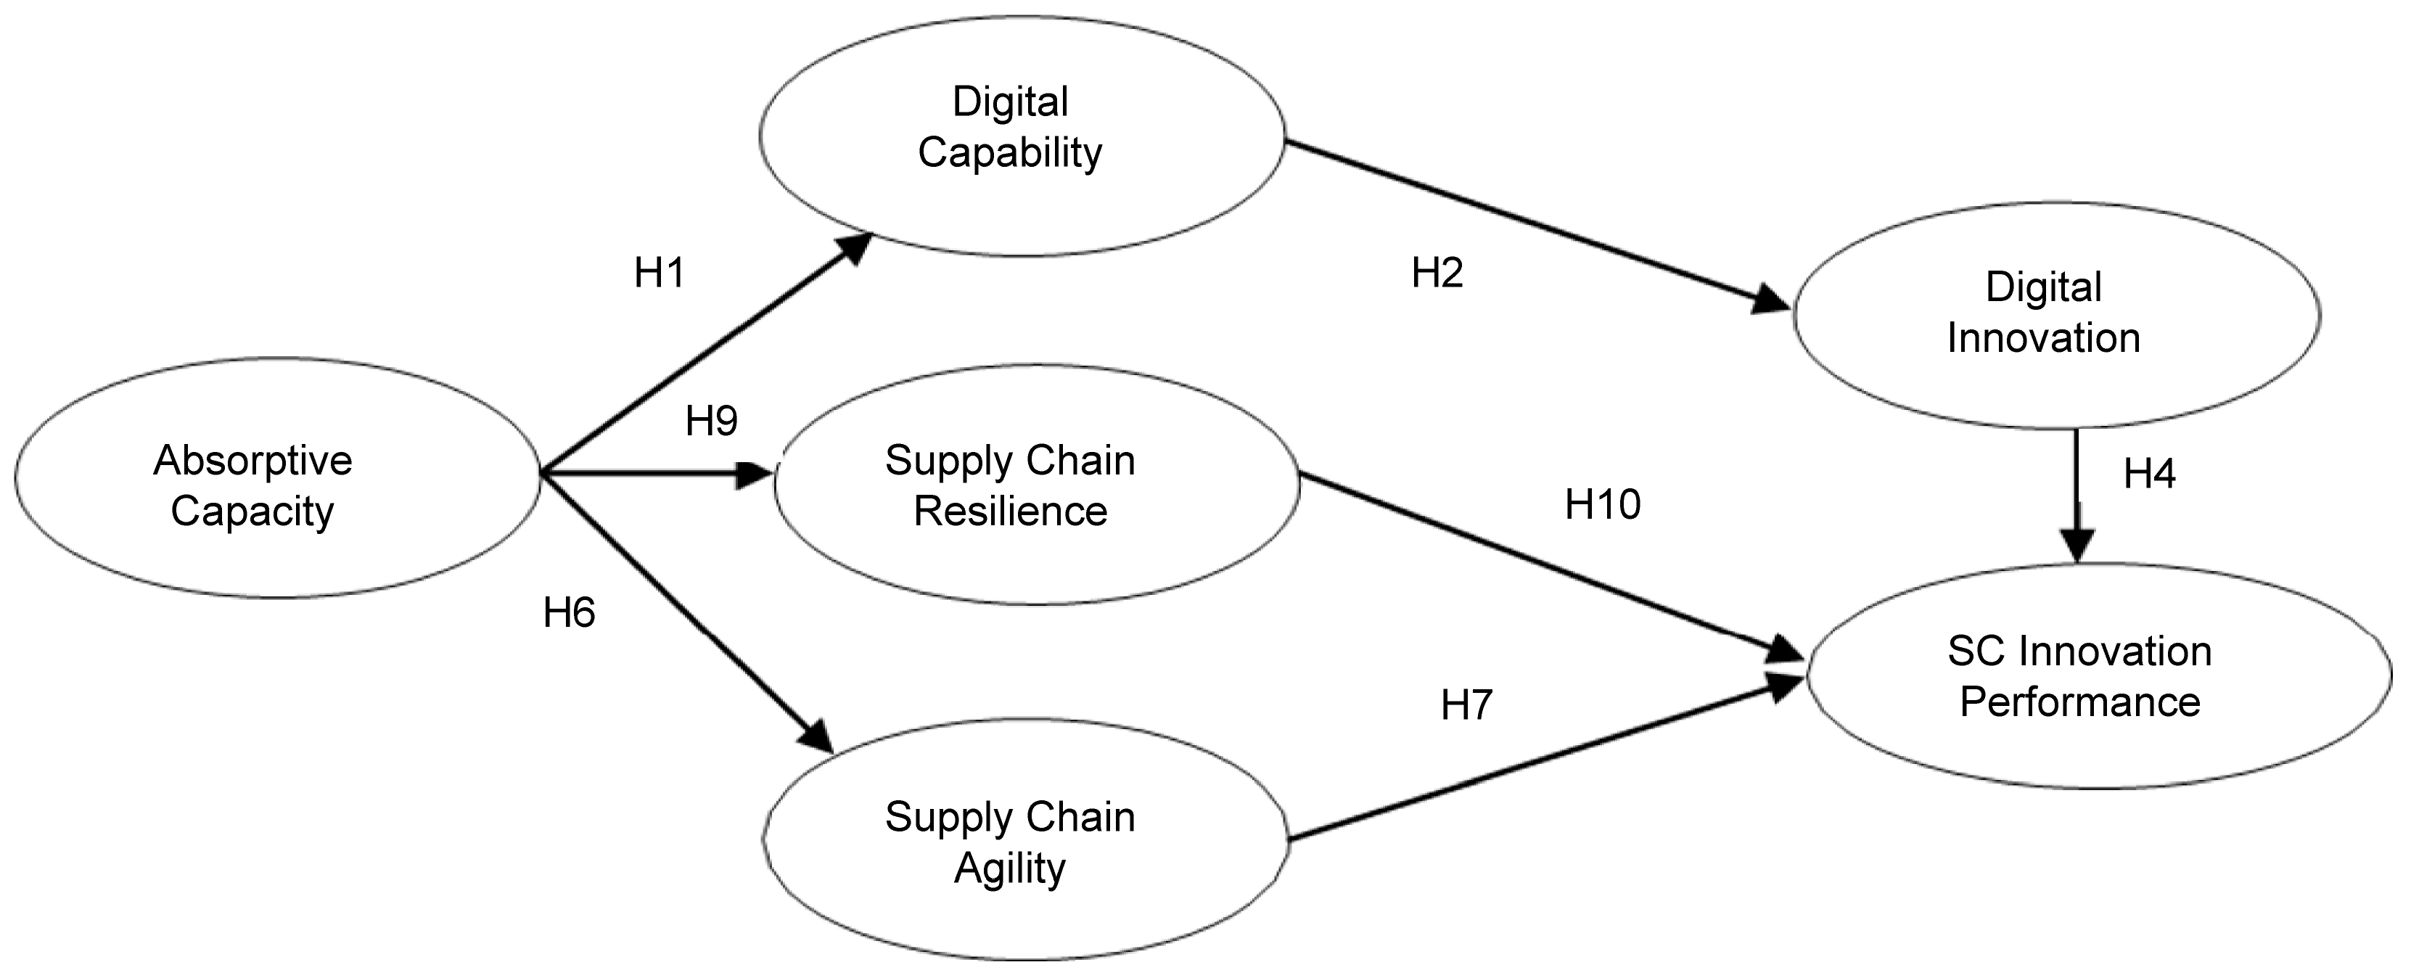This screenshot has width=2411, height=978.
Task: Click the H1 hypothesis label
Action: click(659, 274)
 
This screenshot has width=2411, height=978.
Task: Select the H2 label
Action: click(1437, 274)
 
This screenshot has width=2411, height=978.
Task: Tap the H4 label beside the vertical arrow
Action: click(2149, 474)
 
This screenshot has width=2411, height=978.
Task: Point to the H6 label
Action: click(569, 613)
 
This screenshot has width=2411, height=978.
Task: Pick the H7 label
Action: click(1466, 704)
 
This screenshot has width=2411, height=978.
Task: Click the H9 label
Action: click(711, 421)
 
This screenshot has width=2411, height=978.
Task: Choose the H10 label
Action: click(1602, 506)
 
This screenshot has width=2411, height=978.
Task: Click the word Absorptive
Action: click(252, 461)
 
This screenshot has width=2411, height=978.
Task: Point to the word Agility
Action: click(1010, 869)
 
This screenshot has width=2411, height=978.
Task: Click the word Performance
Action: click(2079, 702)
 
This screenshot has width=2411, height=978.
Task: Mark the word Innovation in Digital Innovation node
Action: click(2044, 338)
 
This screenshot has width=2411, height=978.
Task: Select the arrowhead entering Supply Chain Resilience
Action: click(756, 474)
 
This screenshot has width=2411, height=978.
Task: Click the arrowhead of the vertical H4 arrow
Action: click(2078, 545)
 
